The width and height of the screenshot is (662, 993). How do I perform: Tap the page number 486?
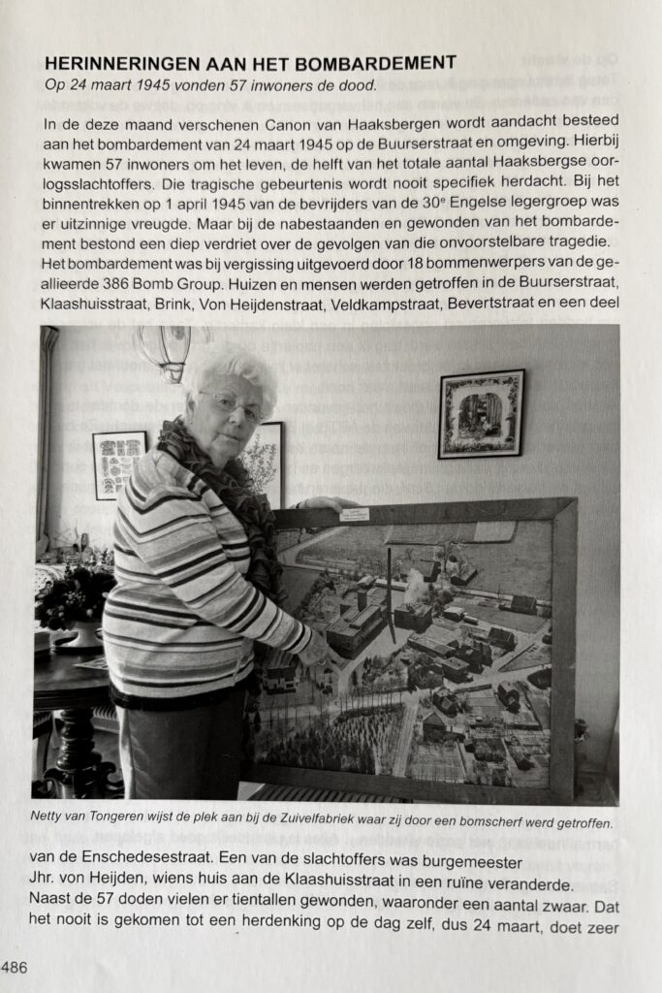[x=15, y=967]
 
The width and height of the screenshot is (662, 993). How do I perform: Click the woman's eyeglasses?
[x=231, y=404]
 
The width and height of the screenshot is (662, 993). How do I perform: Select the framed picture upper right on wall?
[x=481, y=413]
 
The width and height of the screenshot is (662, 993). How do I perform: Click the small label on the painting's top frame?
[x=355, y=514]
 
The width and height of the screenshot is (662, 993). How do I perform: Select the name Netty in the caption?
[x=58, y=824]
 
